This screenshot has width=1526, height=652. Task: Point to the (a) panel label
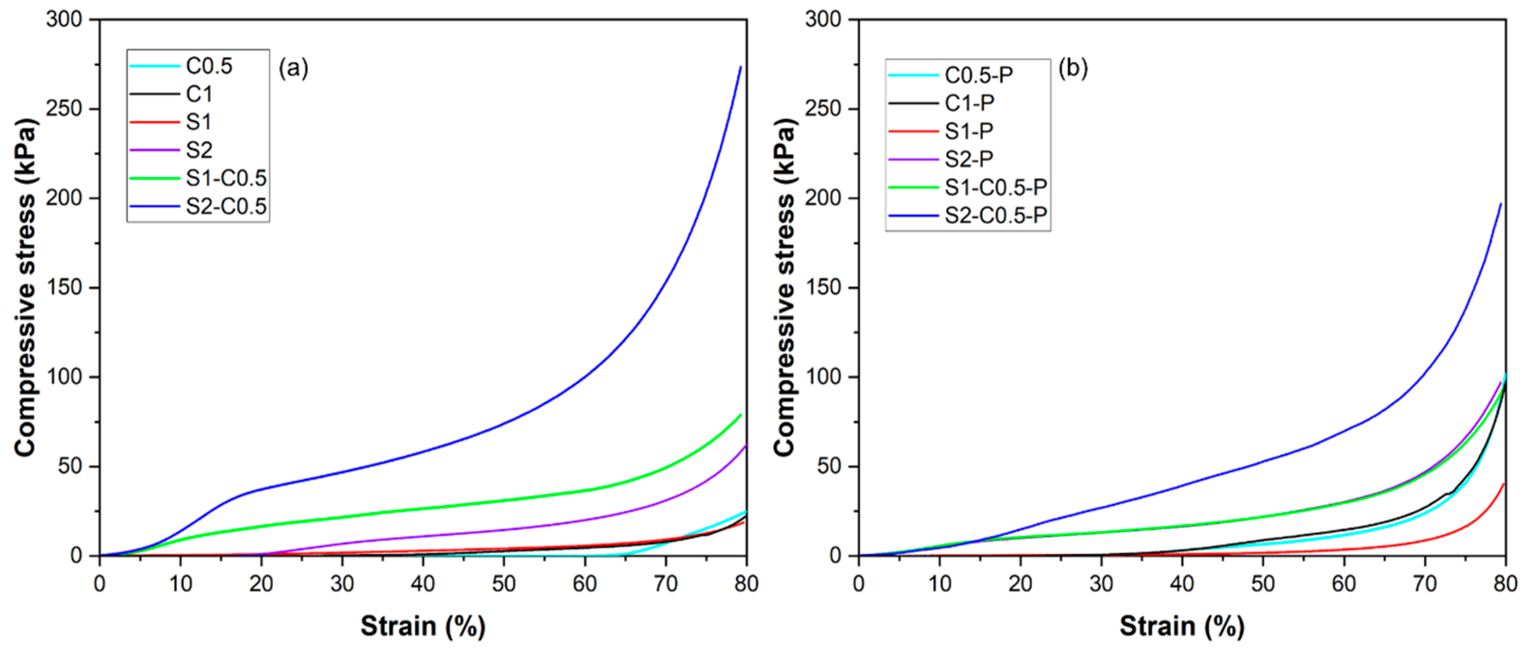(x=293, y=69)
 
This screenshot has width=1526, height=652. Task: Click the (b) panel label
(x=1073, y=69)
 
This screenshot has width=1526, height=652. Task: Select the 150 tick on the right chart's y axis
(x=823, y=288)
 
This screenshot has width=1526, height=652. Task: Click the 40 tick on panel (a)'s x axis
(x=422, y=584)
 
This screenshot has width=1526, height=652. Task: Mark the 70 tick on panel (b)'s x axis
(x=1425, y=584)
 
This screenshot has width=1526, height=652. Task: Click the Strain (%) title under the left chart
(x=422, y=626)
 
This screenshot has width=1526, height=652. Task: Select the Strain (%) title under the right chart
(x=1181, y=626)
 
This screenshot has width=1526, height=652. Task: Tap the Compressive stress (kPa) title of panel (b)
(x=785, y=287)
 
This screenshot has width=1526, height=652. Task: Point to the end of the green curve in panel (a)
(x=741, y=415)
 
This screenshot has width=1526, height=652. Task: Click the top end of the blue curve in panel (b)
(x=1500, y=204)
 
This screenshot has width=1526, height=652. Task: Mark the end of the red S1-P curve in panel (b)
(x=1503, y=484)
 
